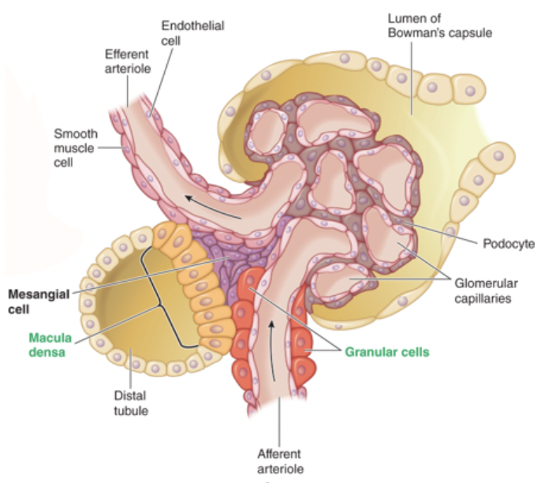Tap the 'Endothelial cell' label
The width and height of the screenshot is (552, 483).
192,32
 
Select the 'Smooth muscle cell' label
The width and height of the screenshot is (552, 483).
75,146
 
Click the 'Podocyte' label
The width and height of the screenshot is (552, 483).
508,243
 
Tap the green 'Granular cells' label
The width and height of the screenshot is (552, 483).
387,352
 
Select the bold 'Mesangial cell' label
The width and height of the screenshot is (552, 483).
35,300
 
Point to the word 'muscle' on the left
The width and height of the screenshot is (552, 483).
75,146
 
